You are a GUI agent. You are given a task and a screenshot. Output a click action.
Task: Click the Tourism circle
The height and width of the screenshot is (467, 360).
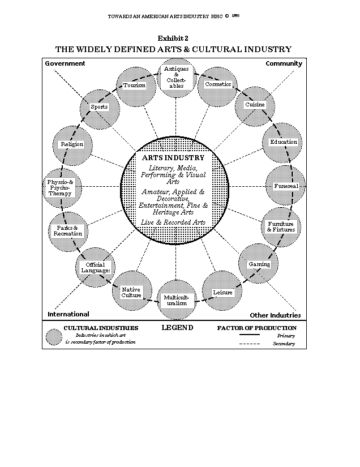pos(135,85)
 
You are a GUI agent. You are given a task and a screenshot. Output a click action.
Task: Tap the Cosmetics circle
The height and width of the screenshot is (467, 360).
pos(218,84)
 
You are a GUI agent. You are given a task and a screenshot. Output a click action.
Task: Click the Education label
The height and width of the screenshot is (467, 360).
pos(283,142)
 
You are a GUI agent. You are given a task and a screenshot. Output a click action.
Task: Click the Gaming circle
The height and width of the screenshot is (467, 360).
pos(259,264)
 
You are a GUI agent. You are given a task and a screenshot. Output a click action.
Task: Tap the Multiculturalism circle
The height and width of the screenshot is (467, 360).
pos(175,300)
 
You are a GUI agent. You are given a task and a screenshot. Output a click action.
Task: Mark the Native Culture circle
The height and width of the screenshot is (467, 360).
pos(131,292)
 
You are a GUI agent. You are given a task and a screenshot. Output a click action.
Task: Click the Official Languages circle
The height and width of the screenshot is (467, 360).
pos(95,267)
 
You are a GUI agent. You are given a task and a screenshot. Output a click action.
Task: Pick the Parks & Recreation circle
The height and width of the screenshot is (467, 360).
pos(68,230)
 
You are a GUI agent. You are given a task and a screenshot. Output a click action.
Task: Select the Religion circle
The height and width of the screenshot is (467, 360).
pos(72,144)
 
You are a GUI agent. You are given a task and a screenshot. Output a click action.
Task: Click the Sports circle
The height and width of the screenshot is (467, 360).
pos(99,107)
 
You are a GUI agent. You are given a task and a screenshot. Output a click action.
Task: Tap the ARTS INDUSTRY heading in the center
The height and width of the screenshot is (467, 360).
pos(173,158)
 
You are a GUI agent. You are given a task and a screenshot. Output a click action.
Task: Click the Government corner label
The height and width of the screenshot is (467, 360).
pos(65,63)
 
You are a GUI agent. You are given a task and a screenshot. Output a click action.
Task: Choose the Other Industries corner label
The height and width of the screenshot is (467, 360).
pos(275,315)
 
